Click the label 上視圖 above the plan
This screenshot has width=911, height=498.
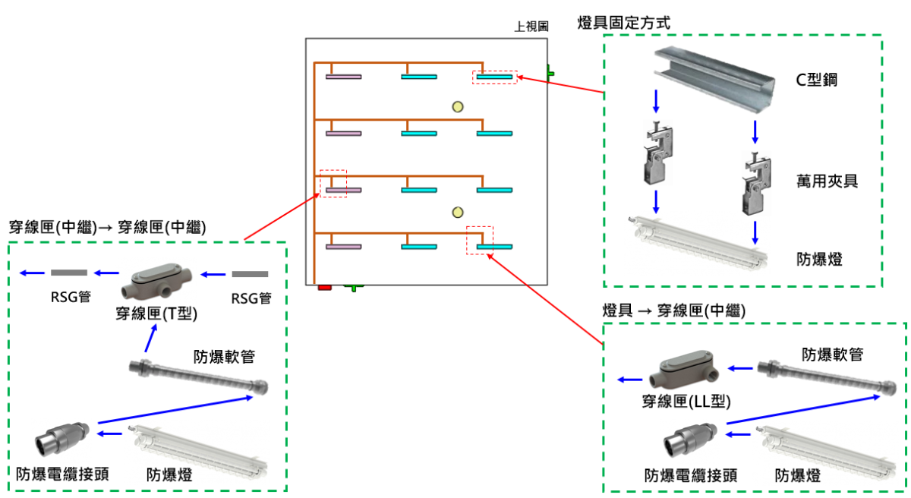(531, 27)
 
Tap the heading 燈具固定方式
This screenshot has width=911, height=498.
(624, 23)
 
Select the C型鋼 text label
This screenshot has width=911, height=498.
(816, 80)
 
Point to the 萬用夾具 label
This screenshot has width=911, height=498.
(827, 181)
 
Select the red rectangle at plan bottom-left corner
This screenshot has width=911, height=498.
(325, 287)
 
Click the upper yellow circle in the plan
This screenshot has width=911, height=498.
(457, 106)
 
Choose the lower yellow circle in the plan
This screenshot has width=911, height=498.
(457, 211)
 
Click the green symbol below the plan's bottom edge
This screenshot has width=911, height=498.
(353, 286)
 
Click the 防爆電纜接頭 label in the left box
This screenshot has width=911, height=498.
(62, 474)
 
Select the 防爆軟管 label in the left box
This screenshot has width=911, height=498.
(224, 356)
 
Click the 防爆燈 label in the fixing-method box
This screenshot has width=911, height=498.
(819, 259)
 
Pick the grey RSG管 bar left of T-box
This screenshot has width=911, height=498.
(69, 273)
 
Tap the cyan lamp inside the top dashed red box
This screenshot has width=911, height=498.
(495, 77)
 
